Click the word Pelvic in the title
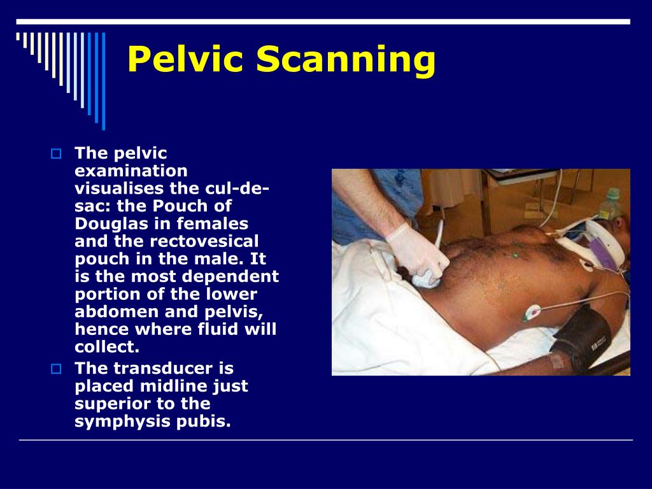pyautogui.click(x=185, y=61)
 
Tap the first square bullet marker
pyautogui.click(x=55, y=153)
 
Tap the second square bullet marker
pyautogui.click(x=55, y=369)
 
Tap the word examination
pyautogui.click(x=131, y=171)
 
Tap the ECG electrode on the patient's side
pyautogui.click(x=532, y=313)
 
